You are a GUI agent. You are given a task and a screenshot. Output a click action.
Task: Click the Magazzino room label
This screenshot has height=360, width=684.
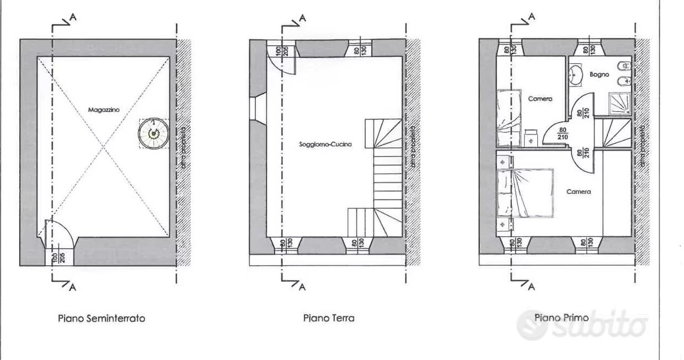[104, 110]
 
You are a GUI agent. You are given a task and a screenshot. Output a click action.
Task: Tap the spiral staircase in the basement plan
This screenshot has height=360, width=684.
[151, 133]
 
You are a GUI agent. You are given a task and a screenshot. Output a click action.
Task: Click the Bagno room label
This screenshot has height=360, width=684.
[599, 74]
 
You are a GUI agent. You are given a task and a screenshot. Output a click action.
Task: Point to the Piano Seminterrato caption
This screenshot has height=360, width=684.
[101, 319]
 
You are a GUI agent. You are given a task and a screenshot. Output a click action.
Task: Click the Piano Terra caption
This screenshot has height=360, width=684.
[329, 318]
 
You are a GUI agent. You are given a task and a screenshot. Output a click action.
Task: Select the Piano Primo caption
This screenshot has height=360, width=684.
[561, 318]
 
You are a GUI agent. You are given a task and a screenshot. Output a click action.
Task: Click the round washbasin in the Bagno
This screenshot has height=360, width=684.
[575, 73]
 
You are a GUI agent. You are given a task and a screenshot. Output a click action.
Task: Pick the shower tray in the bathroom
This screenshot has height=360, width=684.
[619, 103]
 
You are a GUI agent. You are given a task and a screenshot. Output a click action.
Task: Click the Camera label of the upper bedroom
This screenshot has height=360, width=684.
[540, 99]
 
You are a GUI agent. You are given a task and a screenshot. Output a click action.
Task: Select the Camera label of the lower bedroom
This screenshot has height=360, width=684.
[579, 192]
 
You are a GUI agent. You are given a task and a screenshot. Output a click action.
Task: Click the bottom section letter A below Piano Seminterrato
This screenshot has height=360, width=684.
[73, 287]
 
